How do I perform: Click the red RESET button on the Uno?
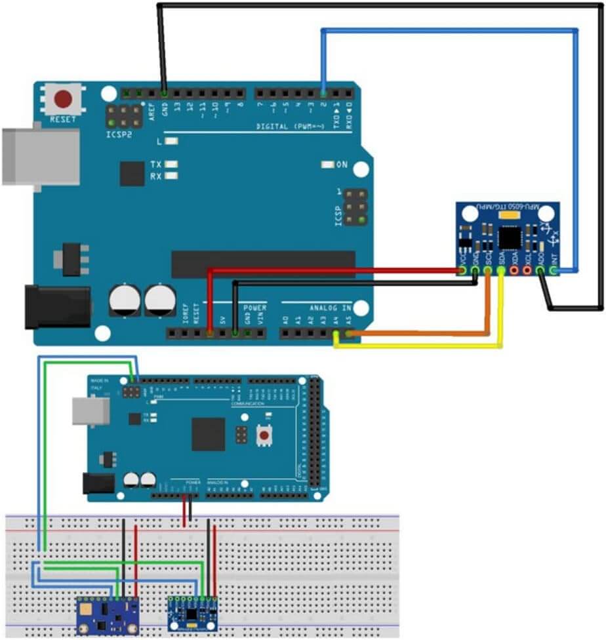point(63,99)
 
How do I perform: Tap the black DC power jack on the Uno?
point(56,306)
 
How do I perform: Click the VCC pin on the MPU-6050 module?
point(463,270)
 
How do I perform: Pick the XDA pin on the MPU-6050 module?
point(515,270)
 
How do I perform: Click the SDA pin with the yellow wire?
point(502,270)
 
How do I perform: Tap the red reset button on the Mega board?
point(266,434)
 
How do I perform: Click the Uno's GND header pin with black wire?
point(164,93)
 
